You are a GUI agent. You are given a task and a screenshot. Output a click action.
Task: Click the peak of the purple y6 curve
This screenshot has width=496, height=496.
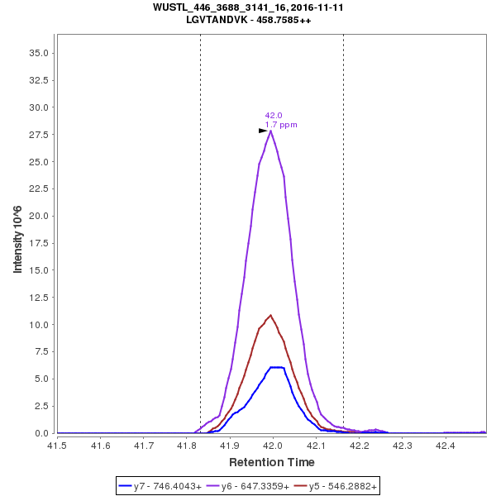tap(271, 131)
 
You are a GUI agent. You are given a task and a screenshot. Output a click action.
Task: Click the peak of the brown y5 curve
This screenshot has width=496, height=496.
tap(270, 315)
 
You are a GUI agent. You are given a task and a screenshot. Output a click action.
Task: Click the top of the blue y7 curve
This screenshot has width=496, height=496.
tap(277, 367)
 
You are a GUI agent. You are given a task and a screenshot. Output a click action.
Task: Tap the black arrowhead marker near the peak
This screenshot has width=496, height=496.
tap(263, 131)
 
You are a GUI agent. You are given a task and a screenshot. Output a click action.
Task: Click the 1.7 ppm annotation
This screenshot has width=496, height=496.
tap(281, 125)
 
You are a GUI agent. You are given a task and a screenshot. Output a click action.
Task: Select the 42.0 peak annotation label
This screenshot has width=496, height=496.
tap(274, 116)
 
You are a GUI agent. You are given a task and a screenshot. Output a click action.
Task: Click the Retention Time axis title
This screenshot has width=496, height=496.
tap(271, 462)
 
